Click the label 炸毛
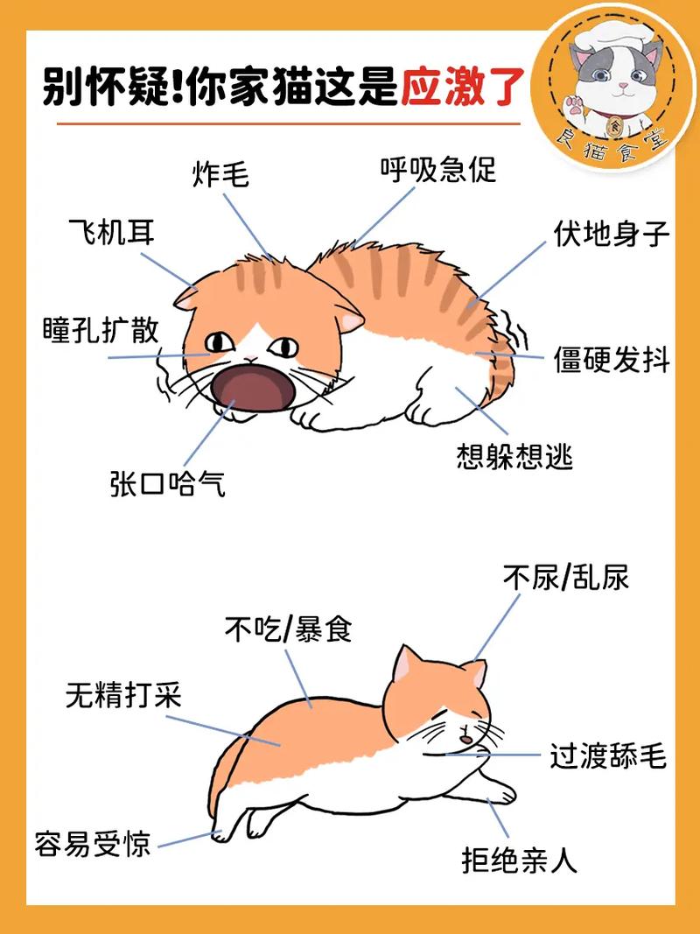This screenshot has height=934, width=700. click(x=220, y=175)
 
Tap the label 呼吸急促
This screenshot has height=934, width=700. click(x=437, y=168)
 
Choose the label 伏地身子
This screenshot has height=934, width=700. click(x=611, y=234)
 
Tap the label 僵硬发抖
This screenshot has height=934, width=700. click(x=611, y=359)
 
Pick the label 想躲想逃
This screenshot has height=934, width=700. click(x=514, y=456)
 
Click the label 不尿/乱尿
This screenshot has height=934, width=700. click(x=565, y=577)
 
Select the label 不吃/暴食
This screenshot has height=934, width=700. click(x=288, y=629)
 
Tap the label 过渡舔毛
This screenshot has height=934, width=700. click(x=608, y=755)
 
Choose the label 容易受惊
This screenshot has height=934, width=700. click(x=92, y=845)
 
